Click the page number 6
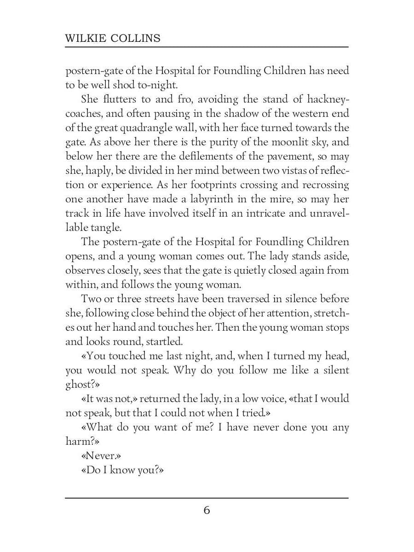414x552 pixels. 207,511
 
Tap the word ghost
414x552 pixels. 79,385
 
